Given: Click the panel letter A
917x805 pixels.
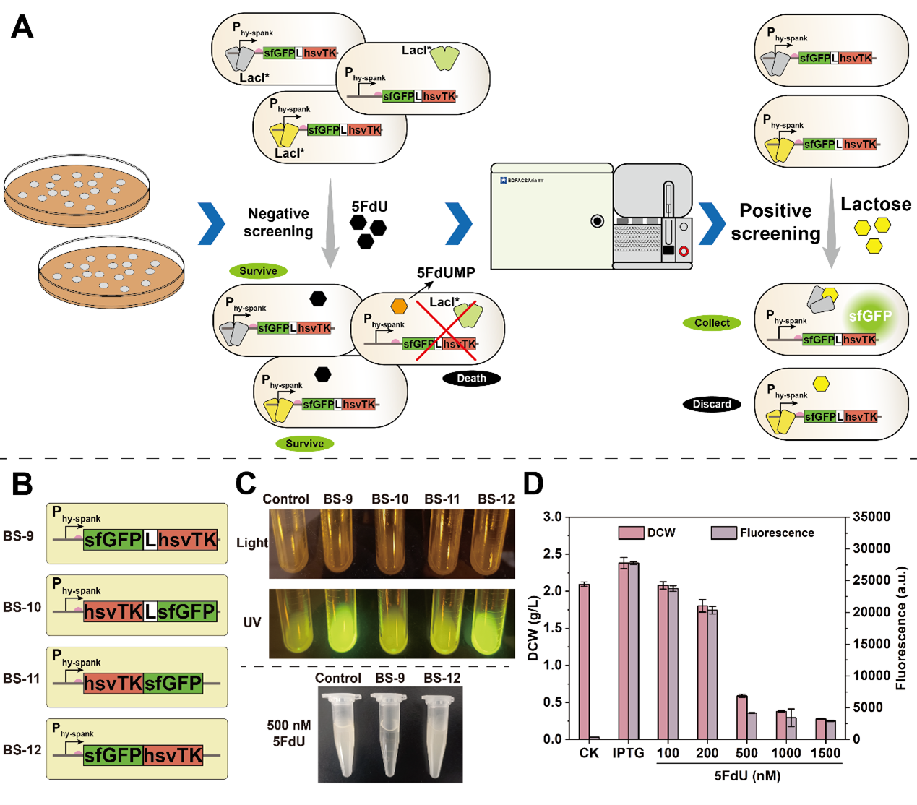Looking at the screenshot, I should [x=22, y=27].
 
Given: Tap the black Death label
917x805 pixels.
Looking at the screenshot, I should [x=471, y=378].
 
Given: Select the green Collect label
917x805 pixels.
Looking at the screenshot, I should [x=712, y=323].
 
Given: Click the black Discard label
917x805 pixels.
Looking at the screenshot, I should [x=712, y=404].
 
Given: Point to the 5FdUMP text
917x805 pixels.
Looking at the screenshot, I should [x=446, y=273].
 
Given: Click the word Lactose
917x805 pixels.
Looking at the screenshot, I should [x=875, y=205].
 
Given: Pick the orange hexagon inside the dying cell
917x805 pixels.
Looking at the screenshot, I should [x=399, y=306].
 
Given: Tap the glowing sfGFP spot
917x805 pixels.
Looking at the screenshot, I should [x=870, y=317].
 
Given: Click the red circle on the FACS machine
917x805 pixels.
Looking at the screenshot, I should [x=684, y=251].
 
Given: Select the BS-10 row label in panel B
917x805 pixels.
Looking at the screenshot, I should [x=22, y=607].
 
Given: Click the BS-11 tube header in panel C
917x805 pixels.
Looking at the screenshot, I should [x=442, y=499].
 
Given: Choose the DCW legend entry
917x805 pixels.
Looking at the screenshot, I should [x=647, y=533].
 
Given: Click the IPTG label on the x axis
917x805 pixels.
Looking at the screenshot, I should [x=628, y=753].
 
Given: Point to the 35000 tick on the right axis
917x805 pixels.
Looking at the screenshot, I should [x=871, y=517].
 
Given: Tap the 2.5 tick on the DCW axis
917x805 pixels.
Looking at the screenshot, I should [x=552, y=554].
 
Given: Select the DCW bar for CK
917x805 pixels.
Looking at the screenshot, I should [x=584, y=661].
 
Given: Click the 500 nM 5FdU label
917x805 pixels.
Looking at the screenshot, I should [x=288, y=733].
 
